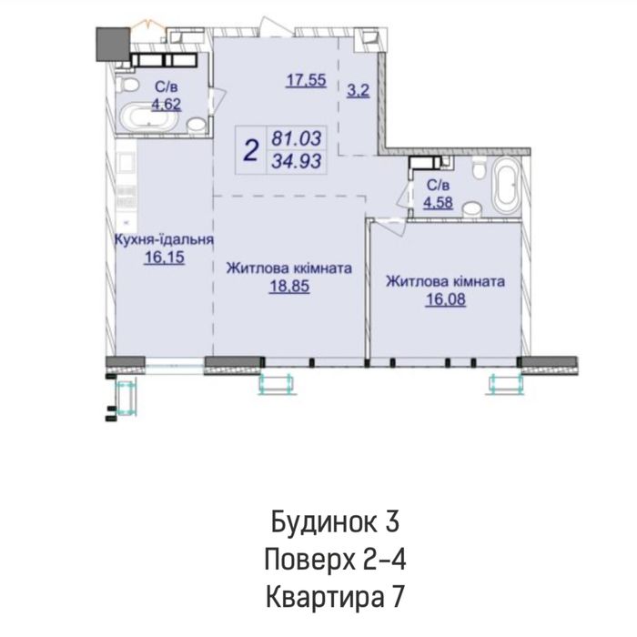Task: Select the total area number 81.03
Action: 291,140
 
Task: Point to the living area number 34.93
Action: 291,164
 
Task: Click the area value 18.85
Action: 287,286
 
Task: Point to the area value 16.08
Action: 446,298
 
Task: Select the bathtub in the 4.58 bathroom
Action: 504,186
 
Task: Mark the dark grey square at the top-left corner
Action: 112,43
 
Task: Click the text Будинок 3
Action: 334,522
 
